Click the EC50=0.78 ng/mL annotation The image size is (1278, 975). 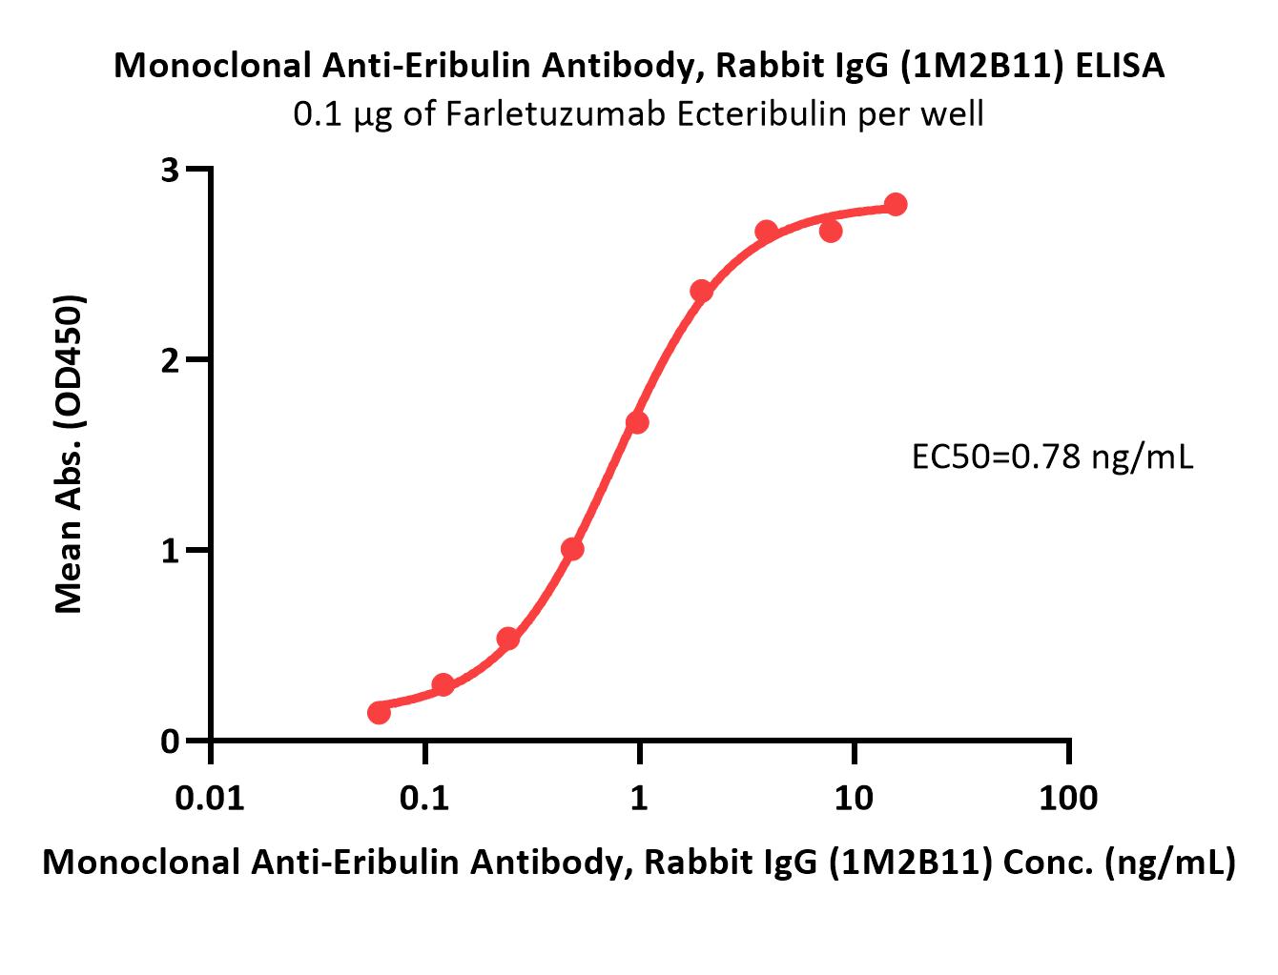(1052, 458)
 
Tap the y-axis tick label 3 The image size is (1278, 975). (171, 171)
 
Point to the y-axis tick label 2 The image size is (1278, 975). (171, 360)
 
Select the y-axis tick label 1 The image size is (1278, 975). (171, 551)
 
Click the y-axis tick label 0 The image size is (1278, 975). (171, 741)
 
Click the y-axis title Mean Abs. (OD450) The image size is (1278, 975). (69, 454)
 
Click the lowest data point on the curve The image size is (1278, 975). (379, 712)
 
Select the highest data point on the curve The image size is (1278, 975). (896, 204)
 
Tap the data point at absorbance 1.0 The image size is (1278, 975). (572, 549)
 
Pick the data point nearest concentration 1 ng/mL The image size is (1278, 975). (637, 422)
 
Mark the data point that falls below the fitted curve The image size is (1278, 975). (831, 231)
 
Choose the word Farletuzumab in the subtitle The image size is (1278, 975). (494, 114)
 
